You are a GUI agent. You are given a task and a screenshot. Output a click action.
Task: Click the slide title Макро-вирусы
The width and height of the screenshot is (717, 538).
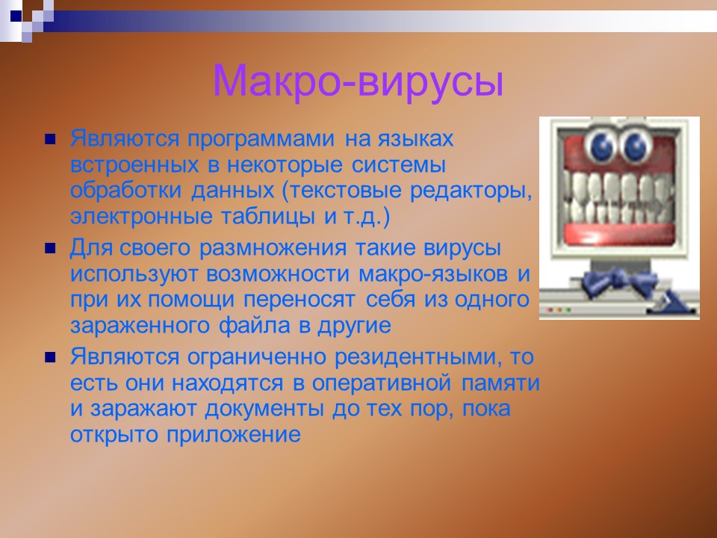pyautogui.click(x=358, y=81)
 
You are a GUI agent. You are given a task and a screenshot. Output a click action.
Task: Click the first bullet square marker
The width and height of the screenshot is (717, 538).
pyautogui.click(x=50, y=138)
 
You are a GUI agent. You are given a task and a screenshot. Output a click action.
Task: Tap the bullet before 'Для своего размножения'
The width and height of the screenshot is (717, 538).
pyautogui.click(x=50, y=247)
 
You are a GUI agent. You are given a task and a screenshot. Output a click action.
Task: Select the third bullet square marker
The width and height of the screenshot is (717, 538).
pyautogui.click(x=50, y=356)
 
